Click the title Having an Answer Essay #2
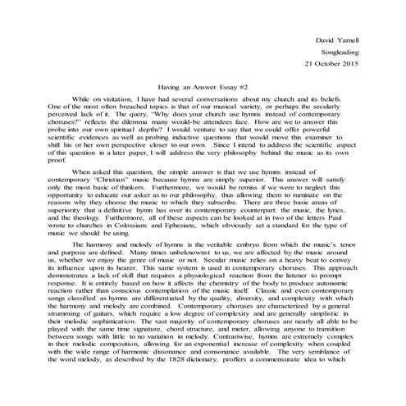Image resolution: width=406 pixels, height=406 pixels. pyautogui.click(x=203, y=85)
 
